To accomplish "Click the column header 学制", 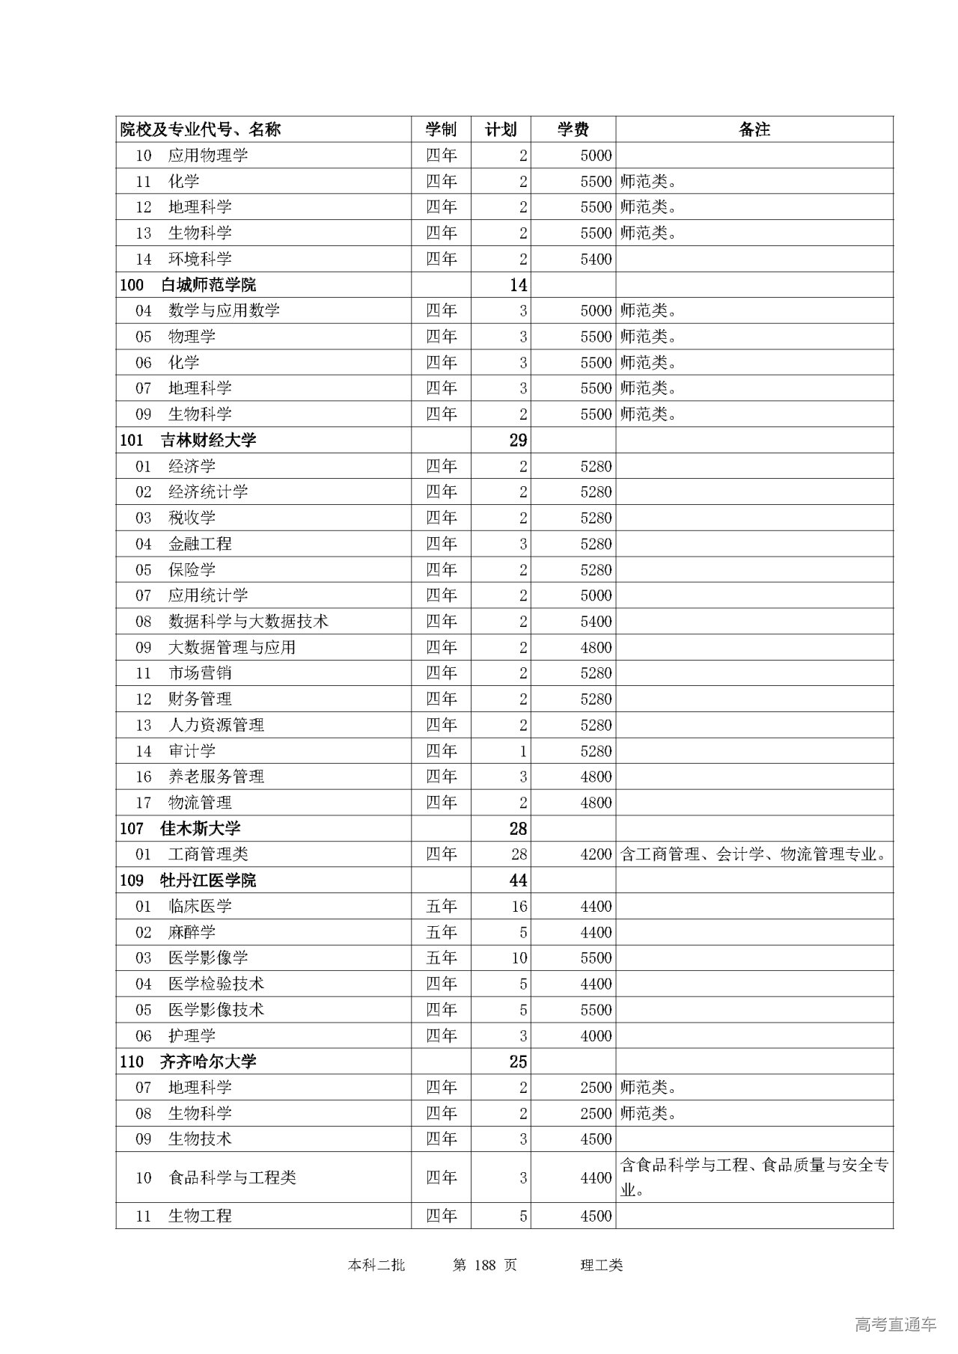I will click(441, 129).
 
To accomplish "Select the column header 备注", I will click(754, 129).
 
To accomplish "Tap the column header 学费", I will click(573, 129).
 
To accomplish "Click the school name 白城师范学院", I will click(208, 285).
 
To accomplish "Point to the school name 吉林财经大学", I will click(208, 440).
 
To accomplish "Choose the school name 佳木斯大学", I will click(200, 828).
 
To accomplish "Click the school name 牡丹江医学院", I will click(208, 880).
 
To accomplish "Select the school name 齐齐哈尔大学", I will click(208, 1062).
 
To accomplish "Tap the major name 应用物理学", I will click(208, 156).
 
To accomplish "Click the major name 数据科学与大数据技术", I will click(248, 622).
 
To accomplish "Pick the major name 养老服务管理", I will click(216, 776).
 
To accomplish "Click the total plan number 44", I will click(518, 880).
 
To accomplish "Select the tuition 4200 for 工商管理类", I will click(596, 854).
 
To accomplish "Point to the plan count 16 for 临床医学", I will click(519, 907).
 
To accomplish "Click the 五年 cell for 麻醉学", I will click(441, 932).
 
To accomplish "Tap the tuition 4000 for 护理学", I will click(596, 1036).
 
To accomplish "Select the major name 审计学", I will click(192, 751).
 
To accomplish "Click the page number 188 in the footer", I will click(486, 1265).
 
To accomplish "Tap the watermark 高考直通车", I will click(895, 1324).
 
